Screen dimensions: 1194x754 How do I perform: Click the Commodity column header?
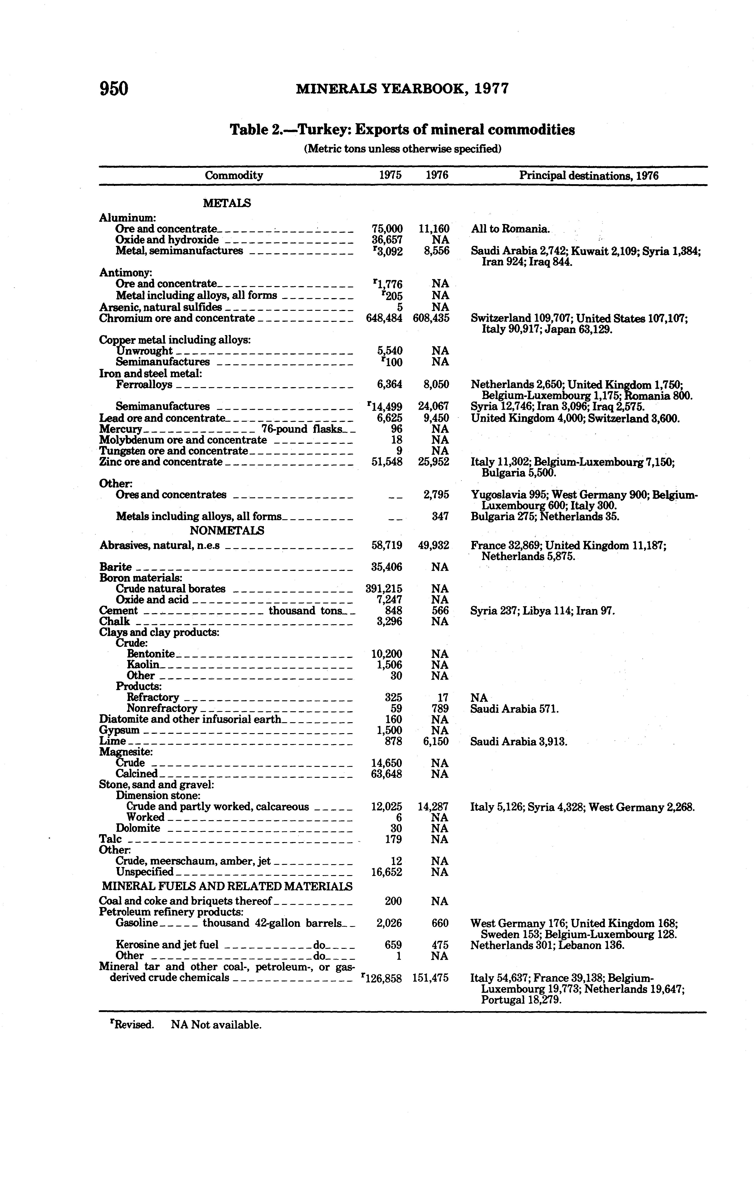(x=234, y=175)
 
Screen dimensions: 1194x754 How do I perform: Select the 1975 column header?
(x=390, y=175)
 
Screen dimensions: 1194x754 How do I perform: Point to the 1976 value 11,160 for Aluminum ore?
(x=434, y=229)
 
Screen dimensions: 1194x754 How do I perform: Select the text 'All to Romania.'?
(x=510, y=229)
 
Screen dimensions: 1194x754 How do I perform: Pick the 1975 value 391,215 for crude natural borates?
(x=384, y=589)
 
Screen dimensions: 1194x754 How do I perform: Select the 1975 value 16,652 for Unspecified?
(x=386, y=872)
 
